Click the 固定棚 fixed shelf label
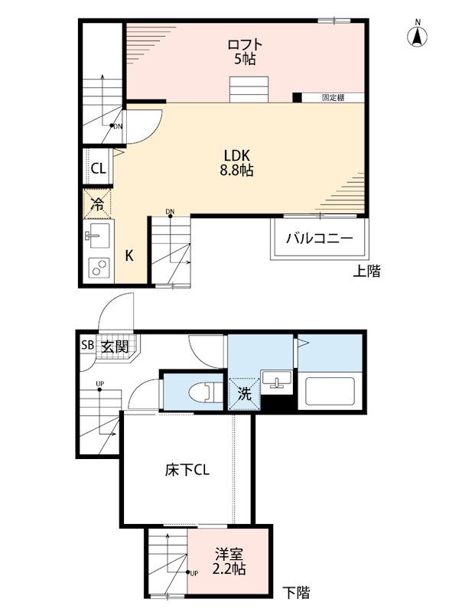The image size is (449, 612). [333, 97]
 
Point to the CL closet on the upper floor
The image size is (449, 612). [99, 168]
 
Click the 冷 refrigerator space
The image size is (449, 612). [97, 203]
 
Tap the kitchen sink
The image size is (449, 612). [96, 236]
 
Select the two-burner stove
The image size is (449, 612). [99, 269]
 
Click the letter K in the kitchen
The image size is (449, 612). [129, 256]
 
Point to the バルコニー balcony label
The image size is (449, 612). [319, 238]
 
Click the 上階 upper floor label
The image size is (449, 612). [366, 271]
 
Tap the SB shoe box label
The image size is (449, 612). [87, 345]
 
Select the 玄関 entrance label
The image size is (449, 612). [115, 347]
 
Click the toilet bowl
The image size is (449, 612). [204, 392]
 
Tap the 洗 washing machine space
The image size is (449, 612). [245, 394]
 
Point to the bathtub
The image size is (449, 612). [330, 391]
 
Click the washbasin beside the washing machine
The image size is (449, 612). [277, 379]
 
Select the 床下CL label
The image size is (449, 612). [187, 470]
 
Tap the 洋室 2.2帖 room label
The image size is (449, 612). [229, 562]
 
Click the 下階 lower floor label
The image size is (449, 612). [296, 592]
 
